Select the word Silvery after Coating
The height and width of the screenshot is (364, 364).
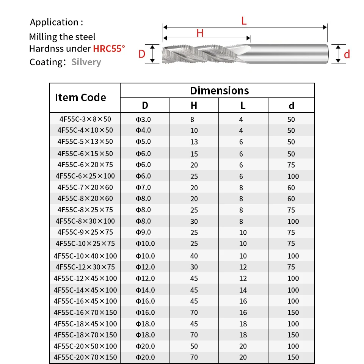86,62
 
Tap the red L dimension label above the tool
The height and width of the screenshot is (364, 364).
244,21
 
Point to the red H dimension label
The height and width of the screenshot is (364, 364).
200,33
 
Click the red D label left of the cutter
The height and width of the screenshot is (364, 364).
142,54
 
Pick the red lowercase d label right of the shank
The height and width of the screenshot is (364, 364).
347,55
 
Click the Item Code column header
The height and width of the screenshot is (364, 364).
80,97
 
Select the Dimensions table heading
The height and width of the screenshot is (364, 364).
219,91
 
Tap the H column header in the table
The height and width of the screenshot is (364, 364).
194,105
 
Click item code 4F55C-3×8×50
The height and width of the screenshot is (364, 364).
85,119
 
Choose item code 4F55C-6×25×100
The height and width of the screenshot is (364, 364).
85,176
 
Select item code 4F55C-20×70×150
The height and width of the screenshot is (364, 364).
85,357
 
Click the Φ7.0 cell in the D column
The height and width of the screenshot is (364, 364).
144,187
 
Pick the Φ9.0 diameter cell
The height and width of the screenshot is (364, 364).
144,232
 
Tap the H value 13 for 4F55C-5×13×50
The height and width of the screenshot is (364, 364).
194,142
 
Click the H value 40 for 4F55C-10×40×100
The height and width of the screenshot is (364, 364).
194,256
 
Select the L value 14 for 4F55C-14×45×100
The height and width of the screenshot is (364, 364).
243,290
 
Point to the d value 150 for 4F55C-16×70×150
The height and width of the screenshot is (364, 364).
293,312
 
